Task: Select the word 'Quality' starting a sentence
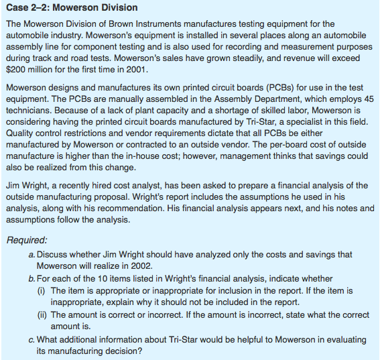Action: pyautogui.click(x=21, y=133)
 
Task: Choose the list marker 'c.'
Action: pyautogui.click(x=32, y=339)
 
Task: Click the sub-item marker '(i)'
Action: pyautogui.click(x=42, y=290)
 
